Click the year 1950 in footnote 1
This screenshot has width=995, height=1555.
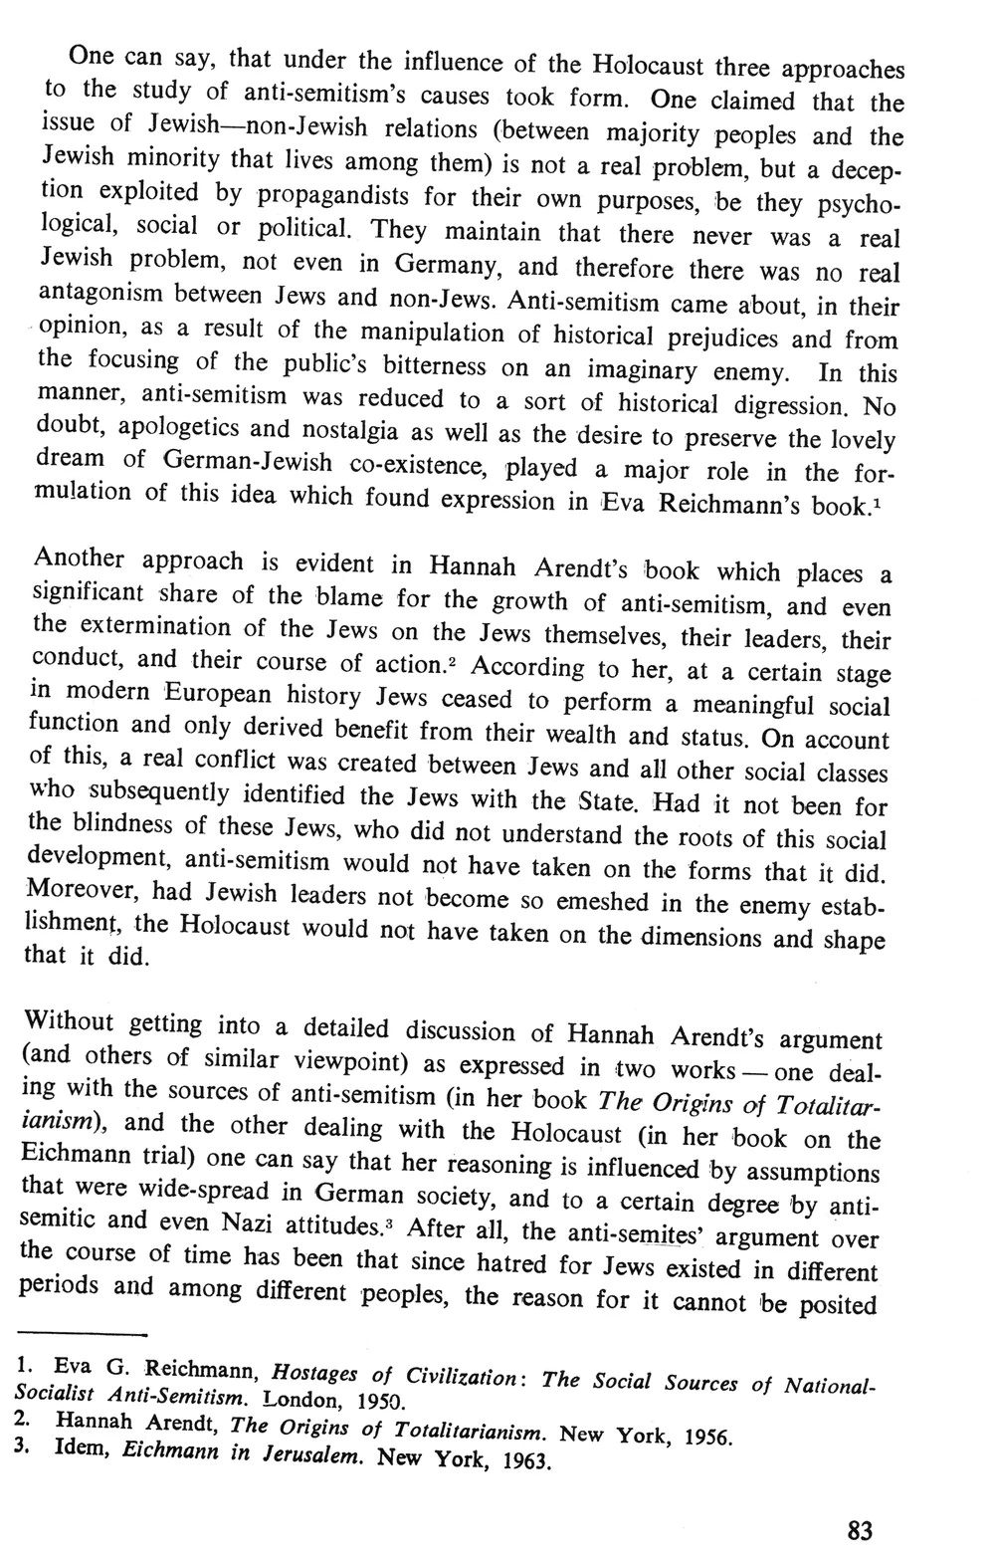[375, 1403]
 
